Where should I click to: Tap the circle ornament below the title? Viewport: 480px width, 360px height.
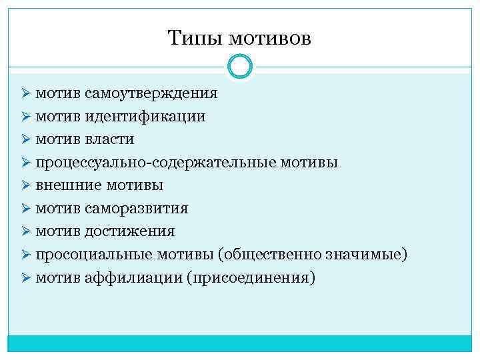point(240,66)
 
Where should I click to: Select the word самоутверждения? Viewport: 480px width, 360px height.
point(151,93)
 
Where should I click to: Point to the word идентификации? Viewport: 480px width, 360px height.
point(145,117)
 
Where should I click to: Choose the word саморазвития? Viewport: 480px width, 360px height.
point(136,209)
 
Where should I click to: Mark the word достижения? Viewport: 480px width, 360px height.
point(130,231)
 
